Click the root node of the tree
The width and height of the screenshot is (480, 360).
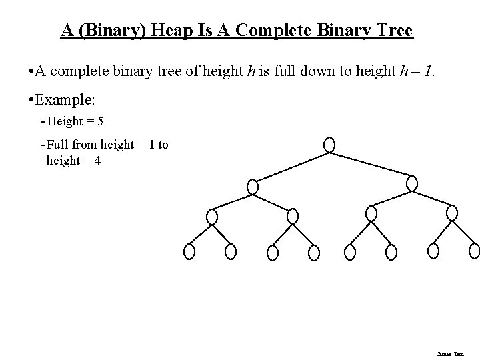click(x=329, y=145)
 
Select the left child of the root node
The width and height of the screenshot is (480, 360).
click(x=252, y=187)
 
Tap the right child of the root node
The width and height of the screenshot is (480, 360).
click(x=412, y=183)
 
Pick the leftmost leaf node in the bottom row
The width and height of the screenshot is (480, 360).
click(x=189, y=251)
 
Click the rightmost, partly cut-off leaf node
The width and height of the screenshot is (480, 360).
click(x=475, y=250)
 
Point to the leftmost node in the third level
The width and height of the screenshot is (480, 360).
click(x=212, y=217)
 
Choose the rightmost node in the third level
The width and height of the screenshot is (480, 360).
click(x=452, y=213)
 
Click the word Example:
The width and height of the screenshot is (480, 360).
click(x=66, y=99)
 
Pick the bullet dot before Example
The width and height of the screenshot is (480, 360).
click(x=24, y=99)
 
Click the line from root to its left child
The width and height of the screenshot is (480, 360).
click(x=291, y=167)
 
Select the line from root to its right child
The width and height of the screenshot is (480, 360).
click(x=371, y=165)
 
